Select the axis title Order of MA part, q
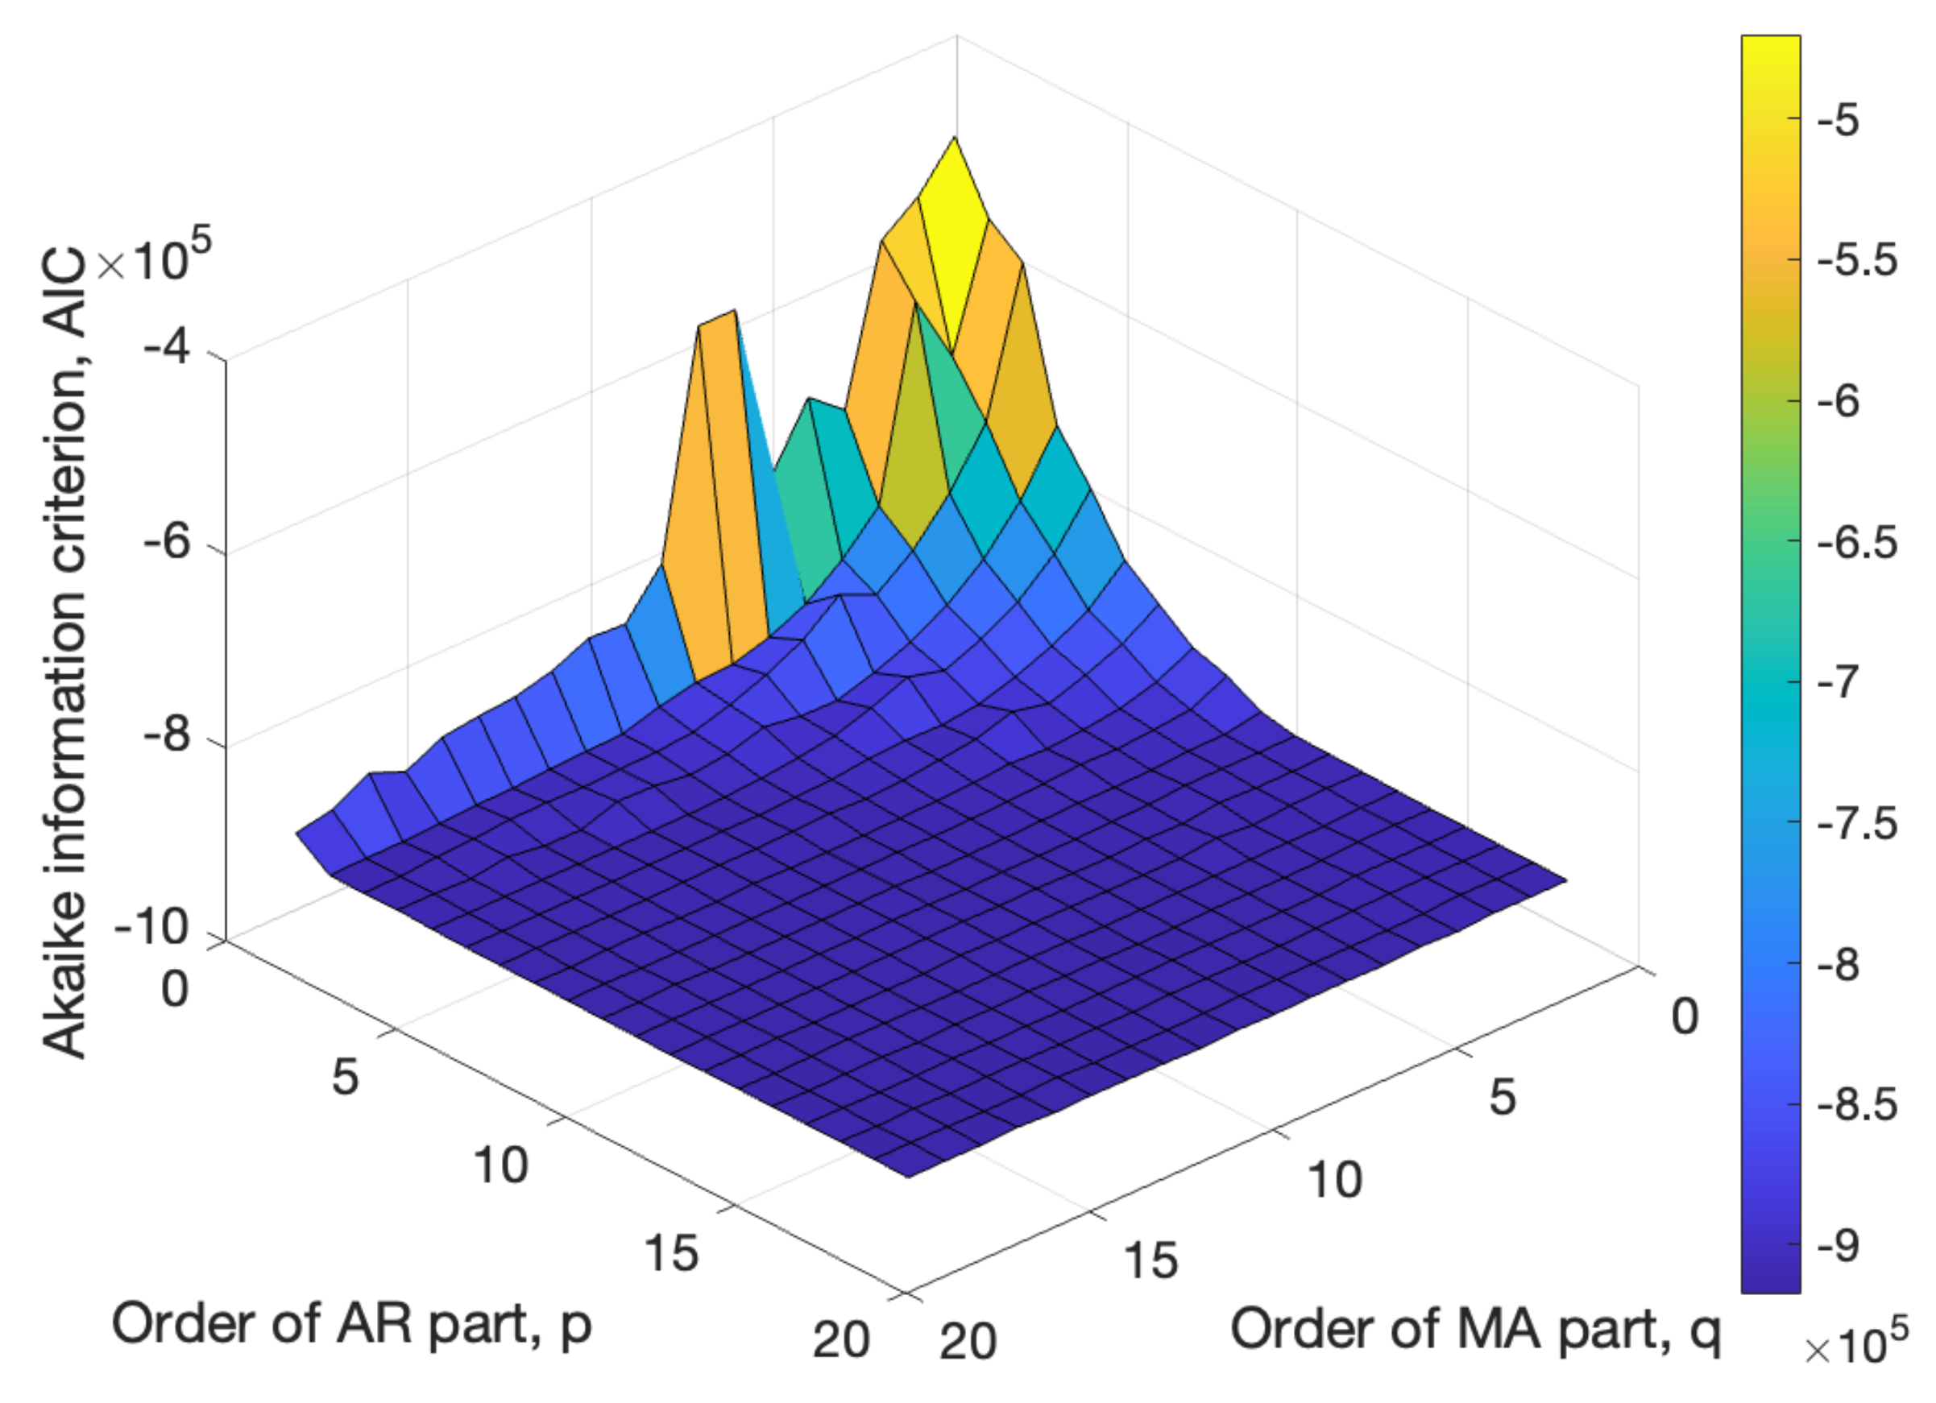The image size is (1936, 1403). (x=1475, y=1330)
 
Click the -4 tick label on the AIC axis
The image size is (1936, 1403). (x=168, y=348)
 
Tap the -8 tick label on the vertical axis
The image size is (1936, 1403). (x=168, y=734)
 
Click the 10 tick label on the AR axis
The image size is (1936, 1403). (x=501, y=1165)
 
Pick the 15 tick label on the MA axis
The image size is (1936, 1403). (x=1150, y=1260)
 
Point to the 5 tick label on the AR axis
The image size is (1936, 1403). (x=345, y=1077)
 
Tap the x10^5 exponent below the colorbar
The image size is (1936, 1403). (x=1856, y=1346)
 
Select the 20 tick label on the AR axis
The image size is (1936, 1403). (x=841, y=1339)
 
